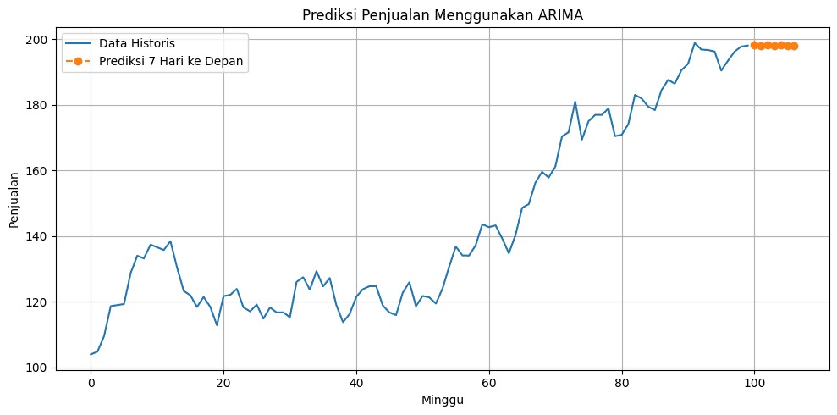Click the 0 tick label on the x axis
pos(91,383)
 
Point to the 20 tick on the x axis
pos(223,383)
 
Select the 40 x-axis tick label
pos(356,383)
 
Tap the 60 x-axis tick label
pos(489,383)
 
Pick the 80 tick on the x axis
pos(622,383)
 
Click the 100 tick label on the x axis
pos(754,383)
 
